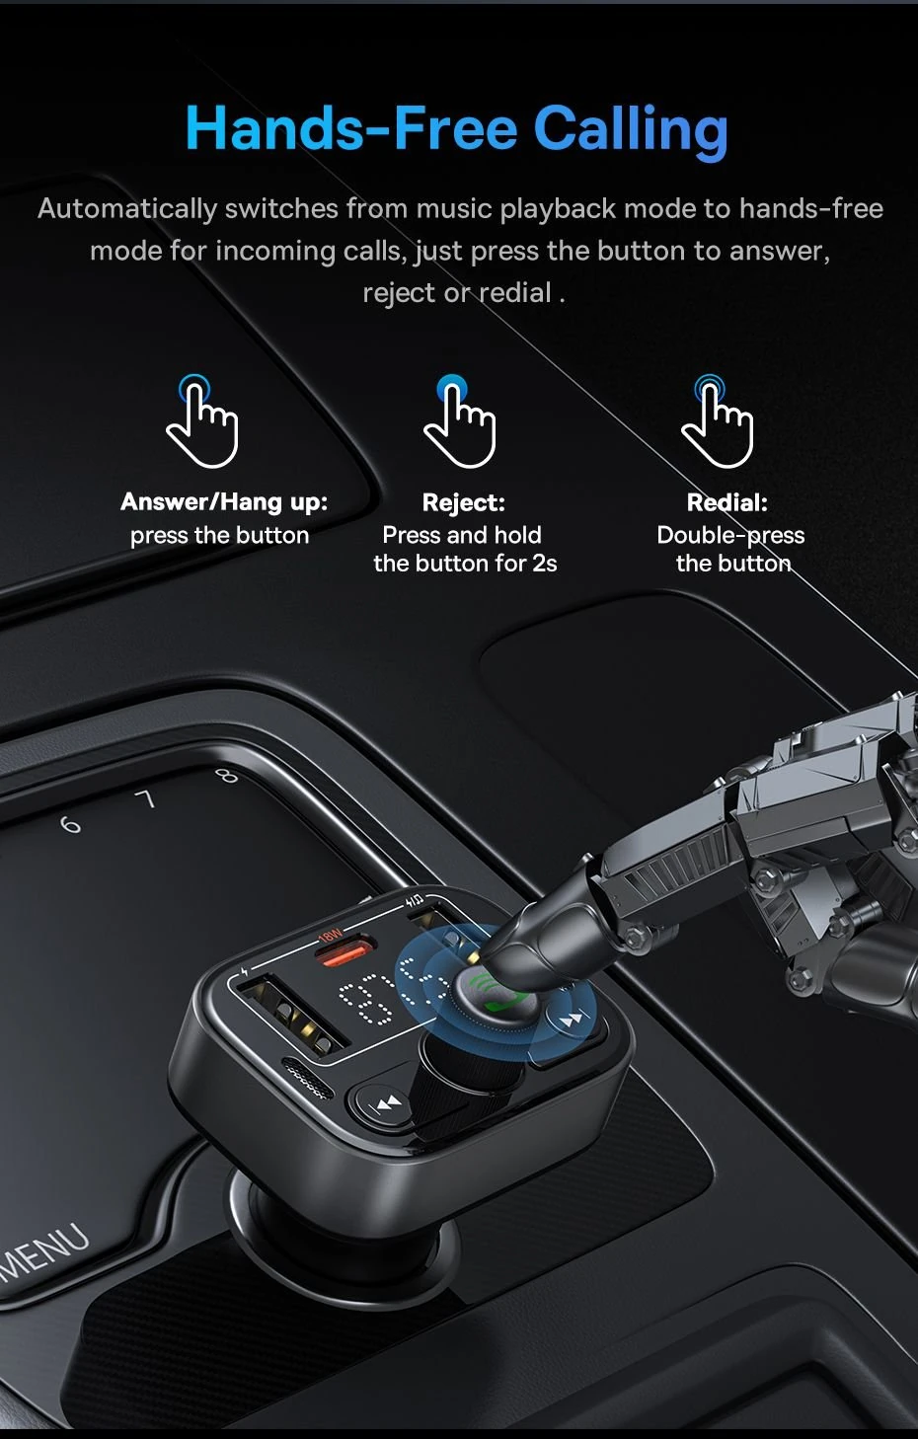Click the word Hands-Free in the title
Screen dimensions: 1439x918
coord(351,129)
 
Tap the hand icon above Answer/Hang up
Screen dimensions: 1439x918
coord(202,421)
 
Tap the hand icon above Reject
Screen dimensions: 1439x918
coord(459,421)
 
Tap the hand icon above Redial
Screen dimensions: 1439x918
coord(718,421)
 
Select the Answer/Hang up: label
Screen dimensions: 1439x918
coord(224,501)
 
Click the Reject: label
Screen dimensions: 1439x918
coord(463,502)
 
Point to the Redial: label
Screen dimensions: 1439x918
coord(727,502)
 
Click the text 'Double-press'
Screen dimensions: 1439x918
coord(730,535)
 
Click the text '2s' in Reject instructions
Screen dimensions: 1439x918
coord(545,564)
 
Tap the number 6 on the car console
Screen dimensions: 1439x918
coord(70,824)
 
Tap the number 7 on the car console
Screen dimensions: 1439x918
coord(146,798)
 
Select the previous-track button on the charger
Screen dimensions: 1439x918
coord(387,1102)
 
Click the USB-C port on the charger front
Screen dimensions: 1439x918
coord(306,1078)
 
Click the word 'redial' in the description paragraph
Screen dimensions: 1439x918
coord(514,293)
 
